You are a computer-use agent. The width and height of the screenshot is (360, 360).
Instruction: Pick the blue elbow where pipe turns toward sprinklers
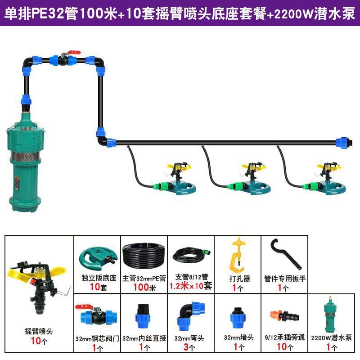coord(102,137)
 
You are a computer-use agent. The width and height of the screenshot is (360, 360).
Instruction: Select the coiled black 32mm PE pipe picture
coord(144,256)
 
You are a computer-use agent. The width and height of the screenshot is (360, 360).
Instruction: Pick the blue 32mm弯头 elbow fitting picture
coord(190,315)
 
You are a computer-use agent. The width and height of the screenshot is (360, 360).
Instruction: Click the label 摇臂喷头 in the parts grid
coord(39,331)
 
